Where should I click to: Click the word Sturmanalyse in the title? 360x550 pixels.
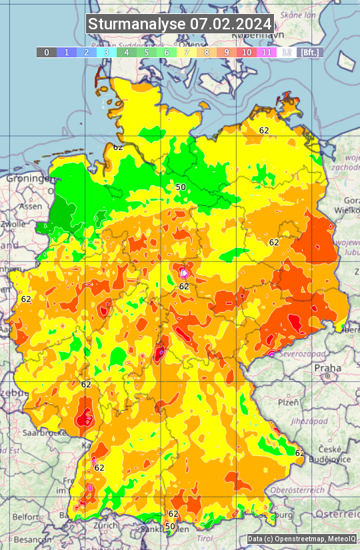tap(137, 24)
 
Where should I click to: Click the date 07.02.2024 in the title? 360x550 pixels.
tap(231, 24)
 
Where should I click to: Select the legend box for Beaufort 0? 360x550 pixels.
tap(47, 52)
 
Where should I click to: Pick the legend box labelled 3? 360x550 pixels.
tap(107, 52)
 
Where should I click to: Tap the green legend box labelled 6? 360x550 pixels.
tap(167, 52)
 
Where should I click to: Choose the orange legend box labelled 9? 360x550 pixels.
tap(227, 52)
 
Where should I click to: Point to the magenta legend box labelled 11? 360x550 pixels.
tap(267, 52)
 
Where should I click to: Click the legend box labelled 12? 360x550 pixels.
tap(287, 52)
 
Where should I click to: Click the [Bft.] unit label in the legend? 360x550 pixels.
tap(309, 52)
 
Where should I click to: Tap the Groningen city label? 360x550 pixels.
tap(29, 179)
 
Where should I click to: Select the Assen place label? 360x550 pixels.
tap(30, 207)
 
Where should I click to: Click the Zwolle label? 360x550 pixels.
tap(13, 224)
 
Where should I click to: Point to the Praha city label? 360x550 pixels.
tap(327, 367)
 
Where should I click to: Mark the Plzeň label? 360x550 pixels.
tap(288, 403)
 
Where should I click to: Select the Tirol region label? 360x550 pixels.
tap(204, 538)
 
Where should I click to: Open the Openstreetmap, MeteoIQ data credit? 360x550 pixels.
tap(301, 539)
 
